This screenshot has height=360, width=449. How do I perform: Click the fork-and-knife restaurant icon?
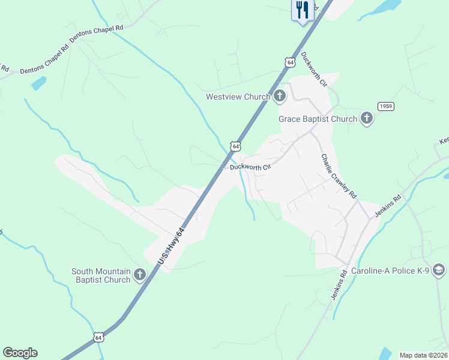[x=302, y=10]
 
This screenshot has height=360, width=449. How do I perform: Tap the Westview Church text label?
[x=239, y=97]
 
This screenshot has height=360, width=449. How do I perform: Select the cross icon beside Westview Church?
[x=279, y=96]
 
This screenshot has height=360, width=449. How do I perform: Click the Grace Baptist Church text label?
[x=318, y=119]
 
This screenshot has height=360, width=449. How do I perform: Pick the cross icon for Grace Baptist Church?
[x=367, y=119]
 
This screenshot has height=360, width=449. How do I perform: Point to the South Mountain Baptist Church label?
[x=101, y=275]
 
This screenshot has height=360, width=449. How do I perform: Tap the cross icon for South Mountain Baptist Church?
[x=139, y=275]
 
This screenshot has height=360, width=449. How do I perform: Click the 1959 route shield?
[x=385, y=106]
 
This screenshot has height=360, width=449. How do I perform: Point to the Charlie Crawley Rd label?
[x=339, y=177]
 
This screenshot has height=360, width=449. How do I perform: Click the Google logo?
[x=20, y=353]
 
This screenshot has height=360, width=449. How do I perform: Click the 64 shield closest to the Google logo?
[x=98, y=337]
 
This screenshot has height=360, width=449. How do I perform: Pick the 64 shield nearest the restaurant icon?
[x=290, y=62]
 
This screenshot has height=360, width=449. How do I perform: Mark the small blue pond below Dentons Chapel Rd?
[x=38, y=83]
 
